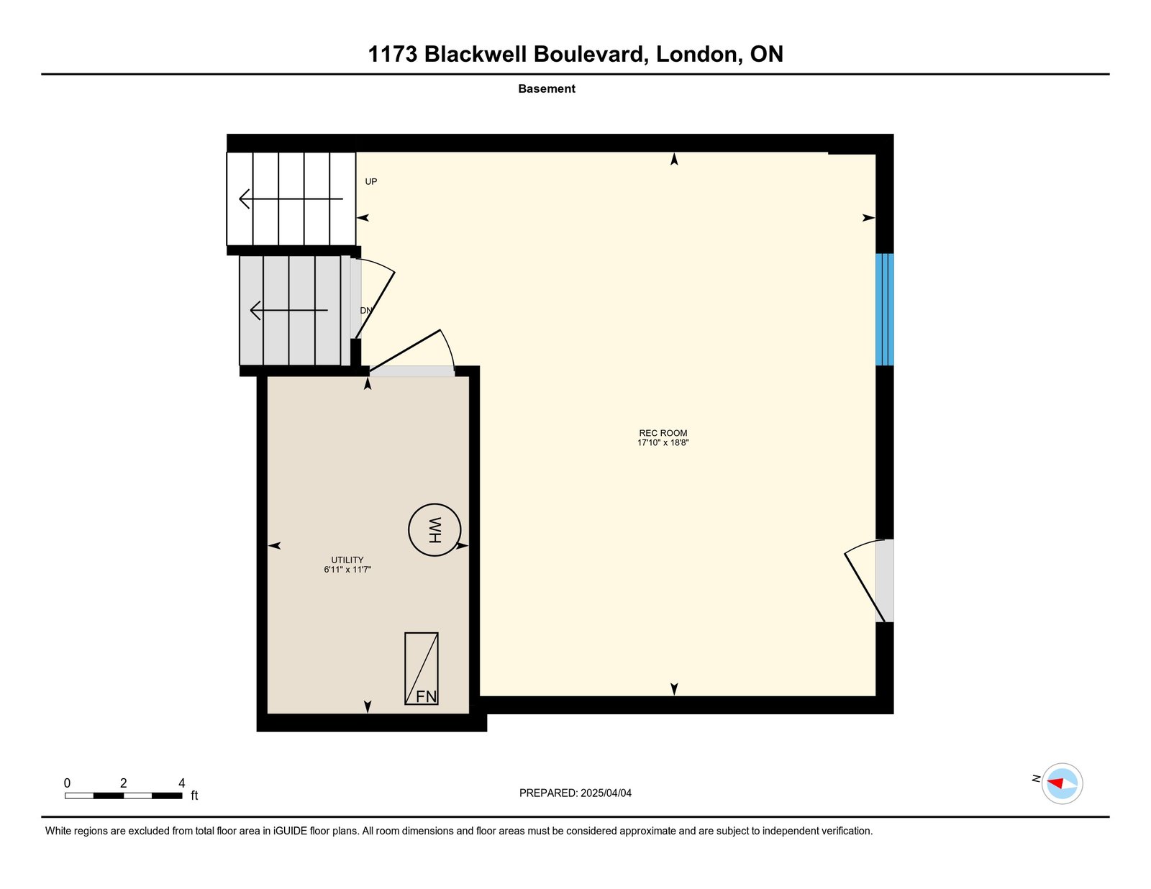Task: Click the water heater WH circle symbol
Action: (435, 530)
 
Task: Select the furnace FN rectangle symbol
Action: (422, 668)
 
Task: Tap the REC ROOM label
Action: (663, 433)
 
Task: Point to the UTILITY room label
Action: (347, 560)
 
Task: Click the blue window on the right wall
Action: (884, 309)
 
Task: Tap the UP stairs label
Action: (371, 182)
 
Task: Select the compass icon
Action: (1062, 783)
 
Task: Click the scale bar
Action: (123, 795)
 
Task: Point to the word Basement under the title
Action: (547, 89)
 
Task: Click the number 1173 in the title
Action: (393, 55)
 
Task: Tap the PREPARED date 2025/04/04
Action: (606, 793)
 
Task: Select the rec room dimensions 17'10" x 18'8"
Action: (663, 443)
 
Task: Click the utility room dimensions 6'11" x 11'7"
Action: (347, 570)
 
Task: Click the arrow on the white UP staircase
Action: (291, 199)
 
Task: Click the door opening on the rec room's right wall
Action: (884, 580)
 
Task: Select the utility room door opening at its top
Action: (412, 371)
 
